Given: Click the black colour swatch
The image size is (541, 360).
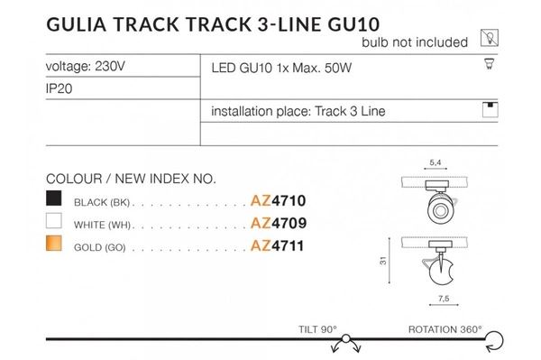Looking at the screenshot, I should click(56, 199).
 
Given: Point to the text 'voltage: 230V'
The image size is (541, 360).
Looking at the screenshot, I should click(84, 68).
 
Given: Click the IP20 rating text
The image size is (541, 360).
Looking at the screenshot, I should click(60, 91).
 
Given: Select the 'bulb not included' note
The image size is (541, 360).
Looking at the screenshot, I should click(415, 42).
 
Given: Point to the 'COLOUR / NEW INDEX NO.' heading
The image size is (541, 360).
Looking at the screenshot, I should click(124, 178).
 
